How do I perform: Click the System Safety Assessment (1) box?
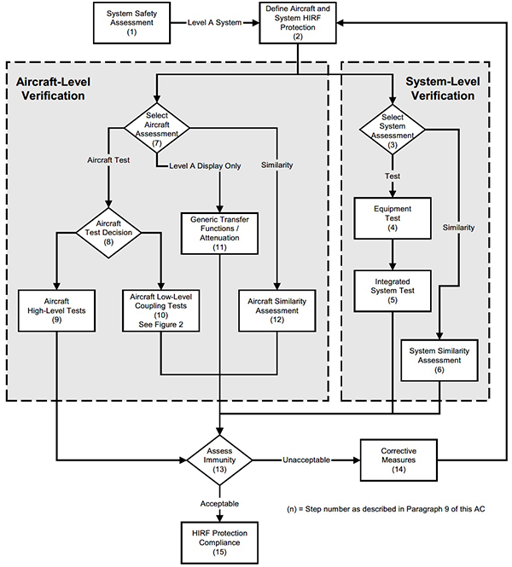pyautogui.click(x=132, y=21)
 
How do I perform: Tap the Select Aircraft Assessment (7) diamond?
pyautogui.click(x=156, y=129)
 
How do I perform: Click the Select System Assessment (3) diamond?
pyautogui.click(x=392, y=129)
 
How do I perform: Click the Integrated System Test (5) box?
pyautogui.click(x=392, y=290)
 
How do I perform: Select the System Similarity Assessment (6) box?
pyautogui.click(x=439, y=359)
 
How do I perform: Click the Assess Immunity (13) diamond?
pyautogui.click(x=221, y=460)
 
